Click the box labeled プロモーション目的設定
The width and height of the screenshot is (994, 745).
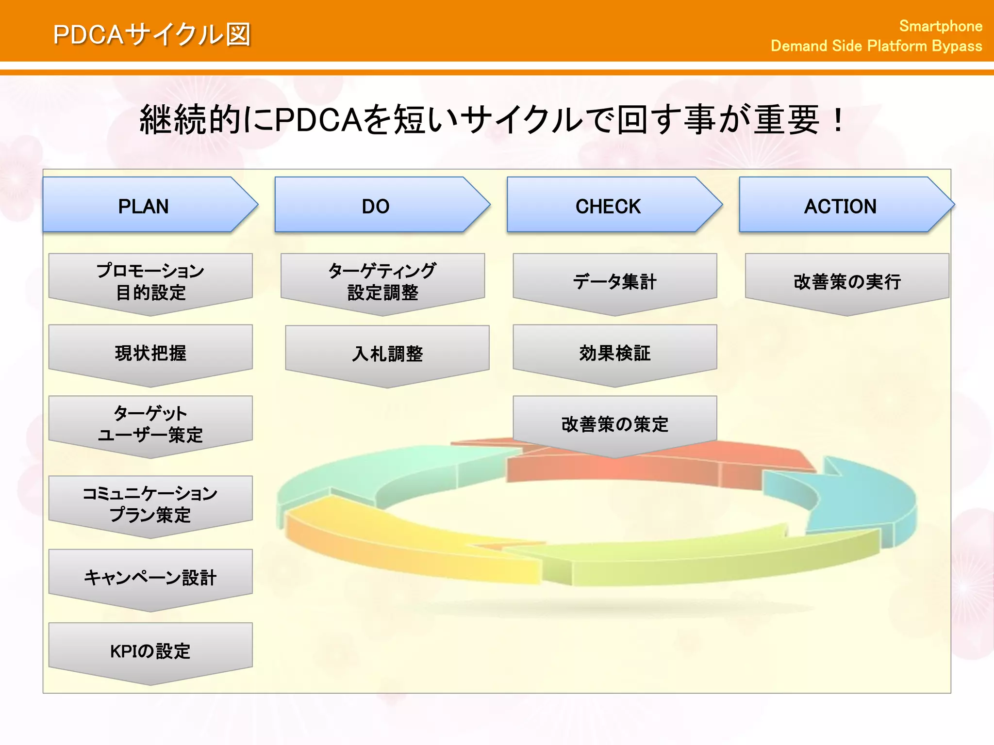[150, 282]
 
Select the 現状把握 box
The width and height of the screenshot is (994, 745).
[150, 353]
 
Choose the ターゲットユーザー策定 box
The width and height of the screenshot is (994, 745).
[150, 424]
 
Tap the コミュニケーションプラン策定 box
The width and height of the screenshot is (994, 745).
[150, 504]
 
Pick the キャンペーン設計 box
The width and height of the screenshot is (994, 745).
[150, 578]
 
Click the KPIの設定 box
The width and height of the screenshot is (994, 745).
[150, 651]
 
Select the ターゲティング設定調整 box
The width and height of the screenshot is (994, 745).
[382, 282]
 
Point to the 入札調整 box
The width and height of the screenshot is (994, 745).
[387, 354]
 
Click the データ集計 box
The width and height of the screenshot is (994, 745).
[615, 282]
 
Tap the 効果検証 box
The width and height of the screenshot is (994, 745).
[615, 353]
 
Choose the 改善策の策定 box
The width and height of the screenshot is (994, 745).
[615, 424]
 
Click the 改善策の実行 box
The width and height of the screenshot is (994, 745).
[847, 282]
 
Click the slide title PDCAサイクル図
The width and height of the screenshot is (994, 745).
[152, 35]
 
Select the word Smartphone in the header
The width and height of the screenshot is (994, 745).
[941, 26]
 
